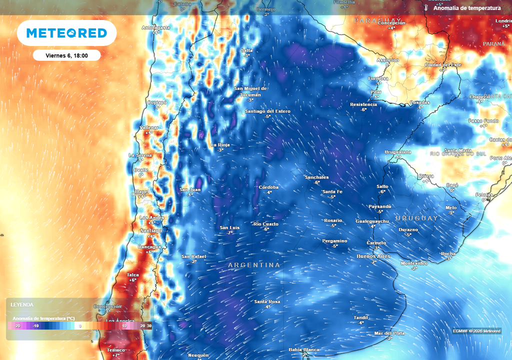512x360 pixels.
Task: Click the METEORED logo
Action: pyautogui.click(x=66, y=33)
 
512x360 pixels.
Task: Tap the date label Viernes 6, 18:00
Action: pyautogui.click(x=66, y=55)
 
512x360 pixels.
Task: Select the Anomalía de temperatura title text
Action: pyautogui.click(x=467, y=8)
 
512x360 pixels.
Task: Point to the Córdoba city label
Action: pyautogui.click(x=268, y=187)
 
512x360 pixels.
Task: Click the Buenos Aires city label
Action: pyautogui.click(x=373, y=256)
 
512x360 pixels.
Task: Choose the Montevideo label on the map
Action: pyautogui.click(x=414, y=263)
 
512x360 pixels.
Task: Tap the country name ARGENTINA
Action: pyautogui.click(x=254, y=264)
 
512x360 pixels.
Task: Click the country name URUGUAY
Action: pyautogui.click(x=416, y=218)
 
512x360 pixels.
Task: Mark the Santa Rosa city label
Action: pyautogui.click(x=267, y=301)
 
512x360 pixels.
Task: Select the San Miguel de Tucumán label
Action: pyautogui.click(x=250, y=91)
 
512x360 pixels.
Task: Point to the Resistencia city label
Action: pyautogui.click(x=363, y=104)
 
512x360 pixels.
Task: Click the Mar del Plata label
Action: pyautogui.click(x=389, y=333)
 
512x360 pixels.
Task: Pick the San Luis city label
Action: pyautogui.click(x=229, y=227)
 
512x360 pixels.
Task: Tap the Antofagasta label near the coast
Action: pyautogui.click(x=156, y=27)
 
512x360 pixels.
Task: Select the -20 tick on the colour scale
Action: pyautogui.click(x=17, y=325)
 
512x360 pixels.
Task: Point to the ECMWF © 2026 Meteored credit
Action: pyautogui.click(x=476, y=331)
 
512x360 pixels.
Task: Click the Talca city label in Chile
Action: pyautogui.click(x=132, y=274)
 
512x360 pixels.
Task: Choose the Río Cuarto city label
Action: pyautogui.click(x=266, y=224)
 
